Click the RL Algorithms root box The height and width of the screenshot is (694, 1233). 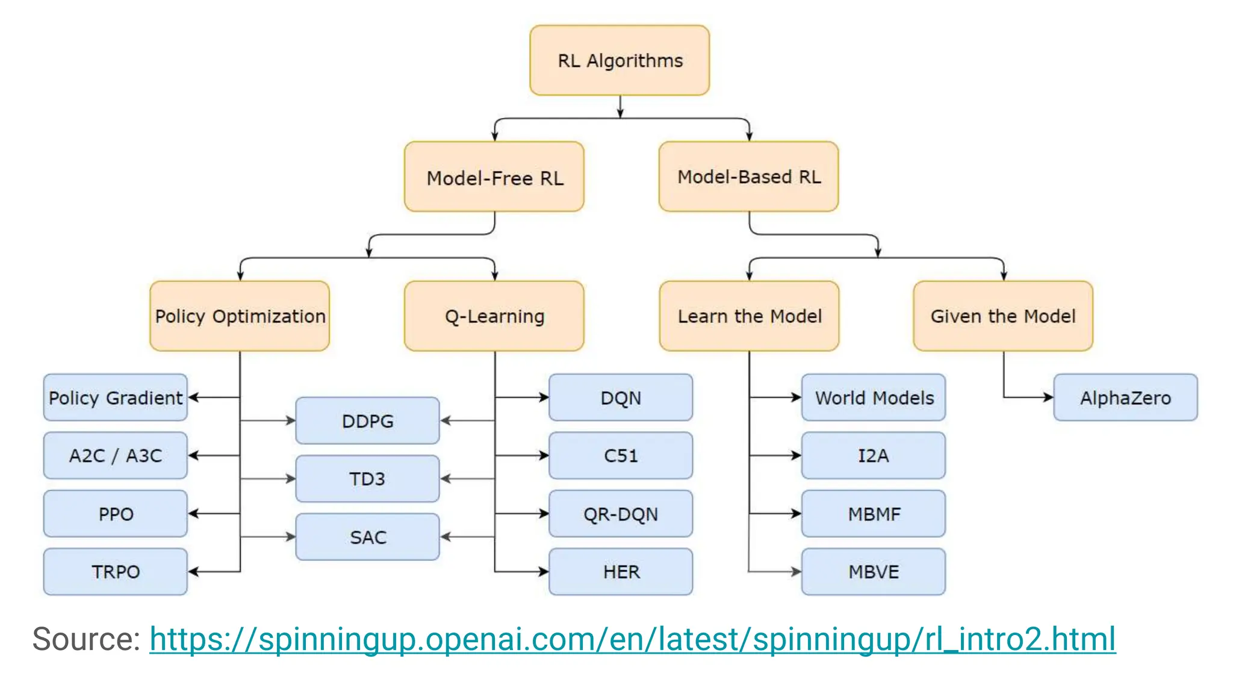(620, 60)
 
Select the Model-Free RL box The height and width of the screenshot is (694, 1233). (494, 177)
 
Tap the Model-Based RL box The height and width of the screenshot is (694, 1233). (748, 177)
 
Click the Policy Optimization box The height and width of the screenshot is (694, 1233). (240, 316)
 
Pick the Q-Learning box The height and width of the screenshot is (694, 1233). (494, 316)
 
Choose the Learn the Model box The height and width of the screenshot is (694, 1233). (749, 316)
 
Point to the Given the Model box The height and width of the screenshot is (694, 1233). (1003, 316)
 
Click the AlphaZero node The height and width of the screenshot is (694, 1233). (1125, 398)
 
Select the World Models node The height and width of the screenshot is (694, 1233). (874, 398)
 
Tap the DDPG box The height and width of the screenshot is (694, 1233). (367, 420)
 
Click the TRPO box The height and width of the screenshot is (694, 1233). (116, 571)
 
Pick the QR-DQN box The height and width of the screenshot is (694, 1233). (621, 513)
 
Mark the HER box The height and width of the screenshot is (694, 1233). (621, 571)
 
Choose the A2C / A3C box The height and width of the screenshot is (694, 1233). (116, 455)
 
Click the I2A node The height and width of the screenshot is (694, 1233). (874, 455)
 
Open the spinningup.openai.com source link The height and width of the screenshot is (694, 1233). (632, 639)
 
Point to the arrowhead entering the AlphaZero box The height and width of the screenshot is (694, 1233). (1049, 397)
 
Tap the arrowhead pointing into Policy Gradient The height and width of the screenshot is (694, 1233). (193, 397)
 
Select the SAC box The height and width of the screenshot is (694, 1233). (367, 537)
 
